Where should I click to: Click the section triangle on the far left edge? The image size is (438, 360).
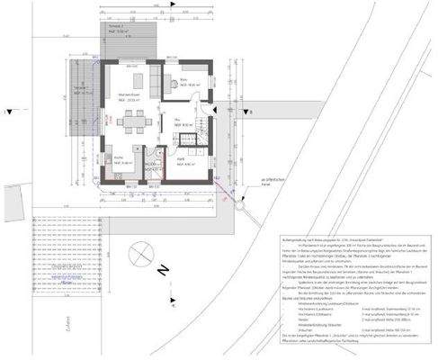tap(8, 113)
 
